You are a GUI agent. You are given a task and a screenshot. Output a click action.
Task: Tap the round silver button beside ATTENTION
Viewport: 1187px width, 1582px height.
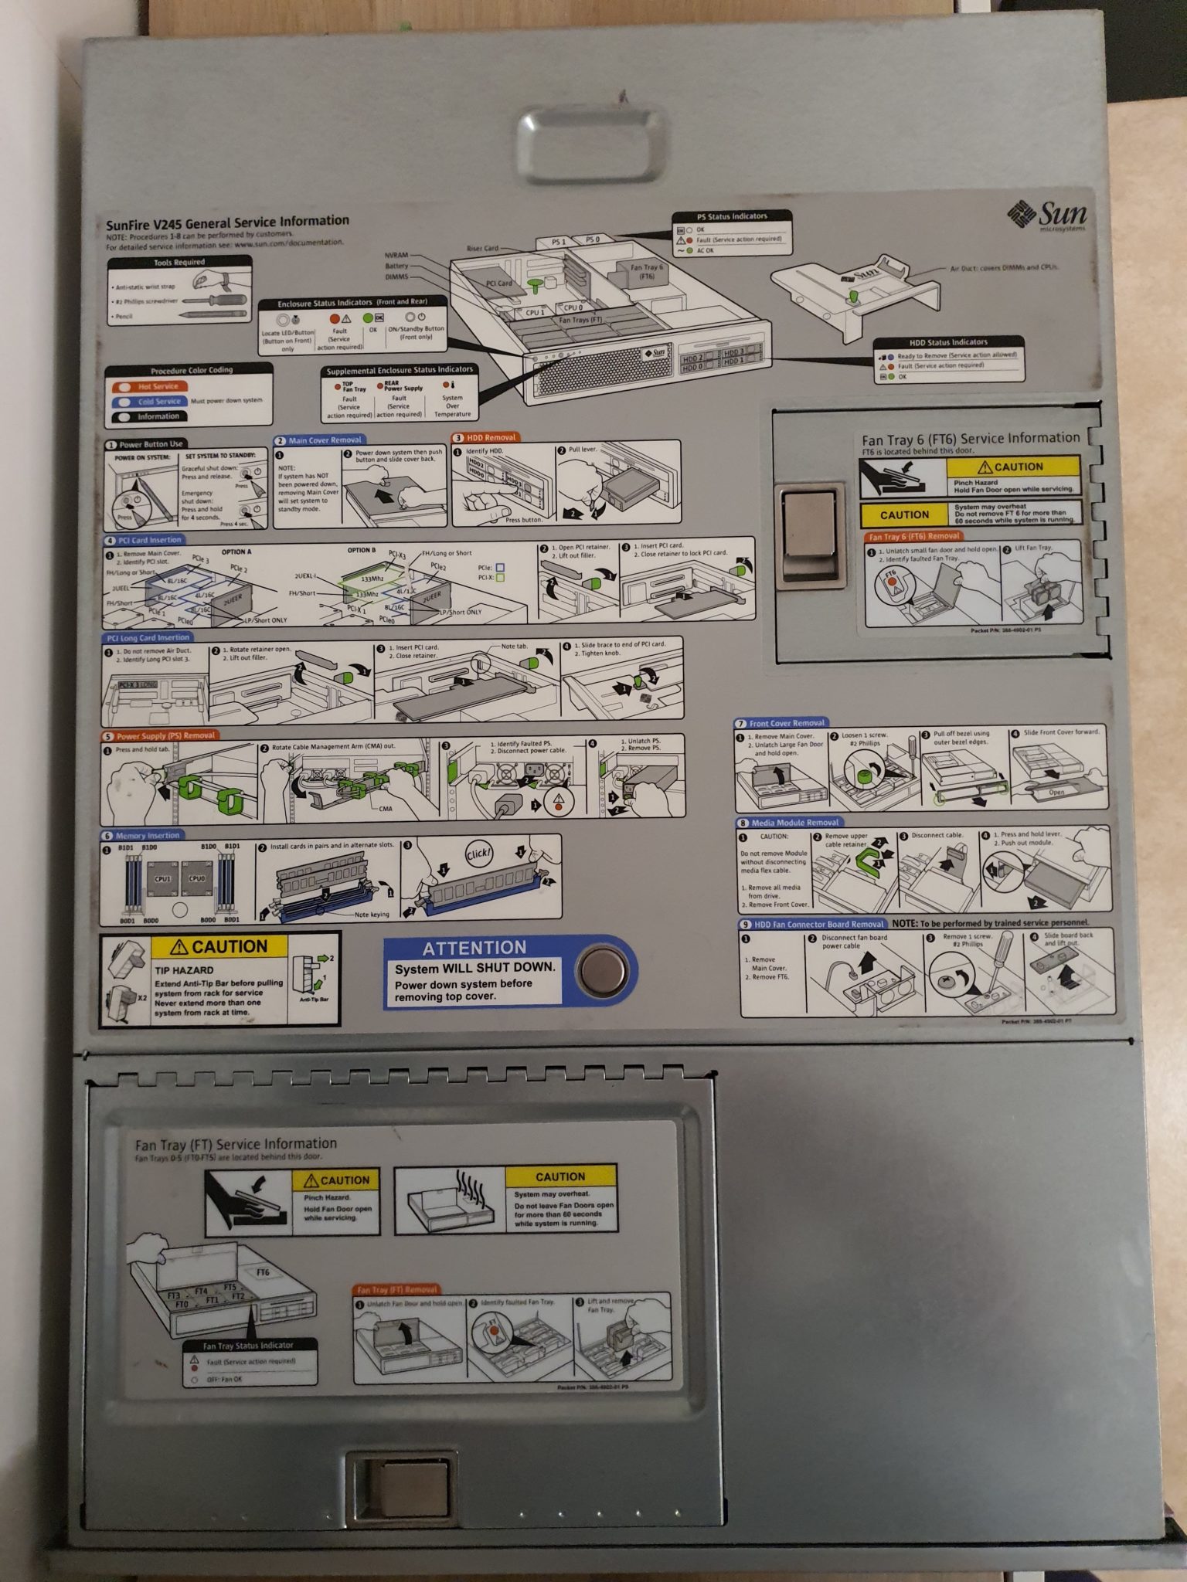[x=603, y=971]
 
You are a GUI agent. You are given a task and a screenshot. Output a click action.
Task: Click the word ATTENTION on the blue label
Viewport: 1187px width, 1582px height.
[x=474, y=948]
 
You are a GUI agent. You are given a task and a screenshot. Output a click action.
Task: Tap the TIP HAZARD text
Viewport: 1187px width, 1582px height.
[x=184, y=970]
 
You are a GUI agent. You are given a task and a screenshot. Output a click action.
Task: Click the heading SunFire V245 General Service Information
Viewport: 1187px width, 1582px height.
[x=227, y=222]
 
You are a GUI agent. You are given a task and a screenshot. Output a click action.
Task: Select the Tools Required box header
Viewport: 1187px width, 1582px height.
[x=179, y=263]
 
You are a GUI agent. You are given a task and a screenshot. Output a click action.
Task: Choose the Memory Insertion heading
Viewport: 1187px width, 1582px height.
[x=147, y=835]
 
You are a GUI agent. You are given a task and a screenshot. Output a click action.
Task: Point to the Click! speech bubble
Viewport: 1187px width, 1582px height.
[x=478, y=854]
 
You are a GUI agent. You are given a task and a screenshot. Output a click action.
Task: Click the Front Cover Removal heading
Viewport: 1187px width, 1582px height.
[x=786, y=723]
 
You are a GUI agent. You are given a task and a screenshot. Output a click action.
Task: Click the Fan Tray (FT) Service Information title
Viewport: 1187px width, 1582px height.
[x=236, y=1144]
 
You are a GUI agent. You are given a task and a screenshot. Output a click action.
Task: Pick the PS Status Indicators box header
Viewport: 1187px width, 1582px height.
[x=732, y=216]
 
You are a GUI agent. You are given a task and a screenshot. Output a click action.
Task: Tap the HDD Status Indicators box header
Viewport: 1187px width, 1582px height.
[x=948, y=341]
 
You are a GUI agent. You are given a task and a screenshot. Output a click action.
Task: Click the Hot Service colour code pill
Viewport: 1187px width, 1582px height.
[x=157, y=386]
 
